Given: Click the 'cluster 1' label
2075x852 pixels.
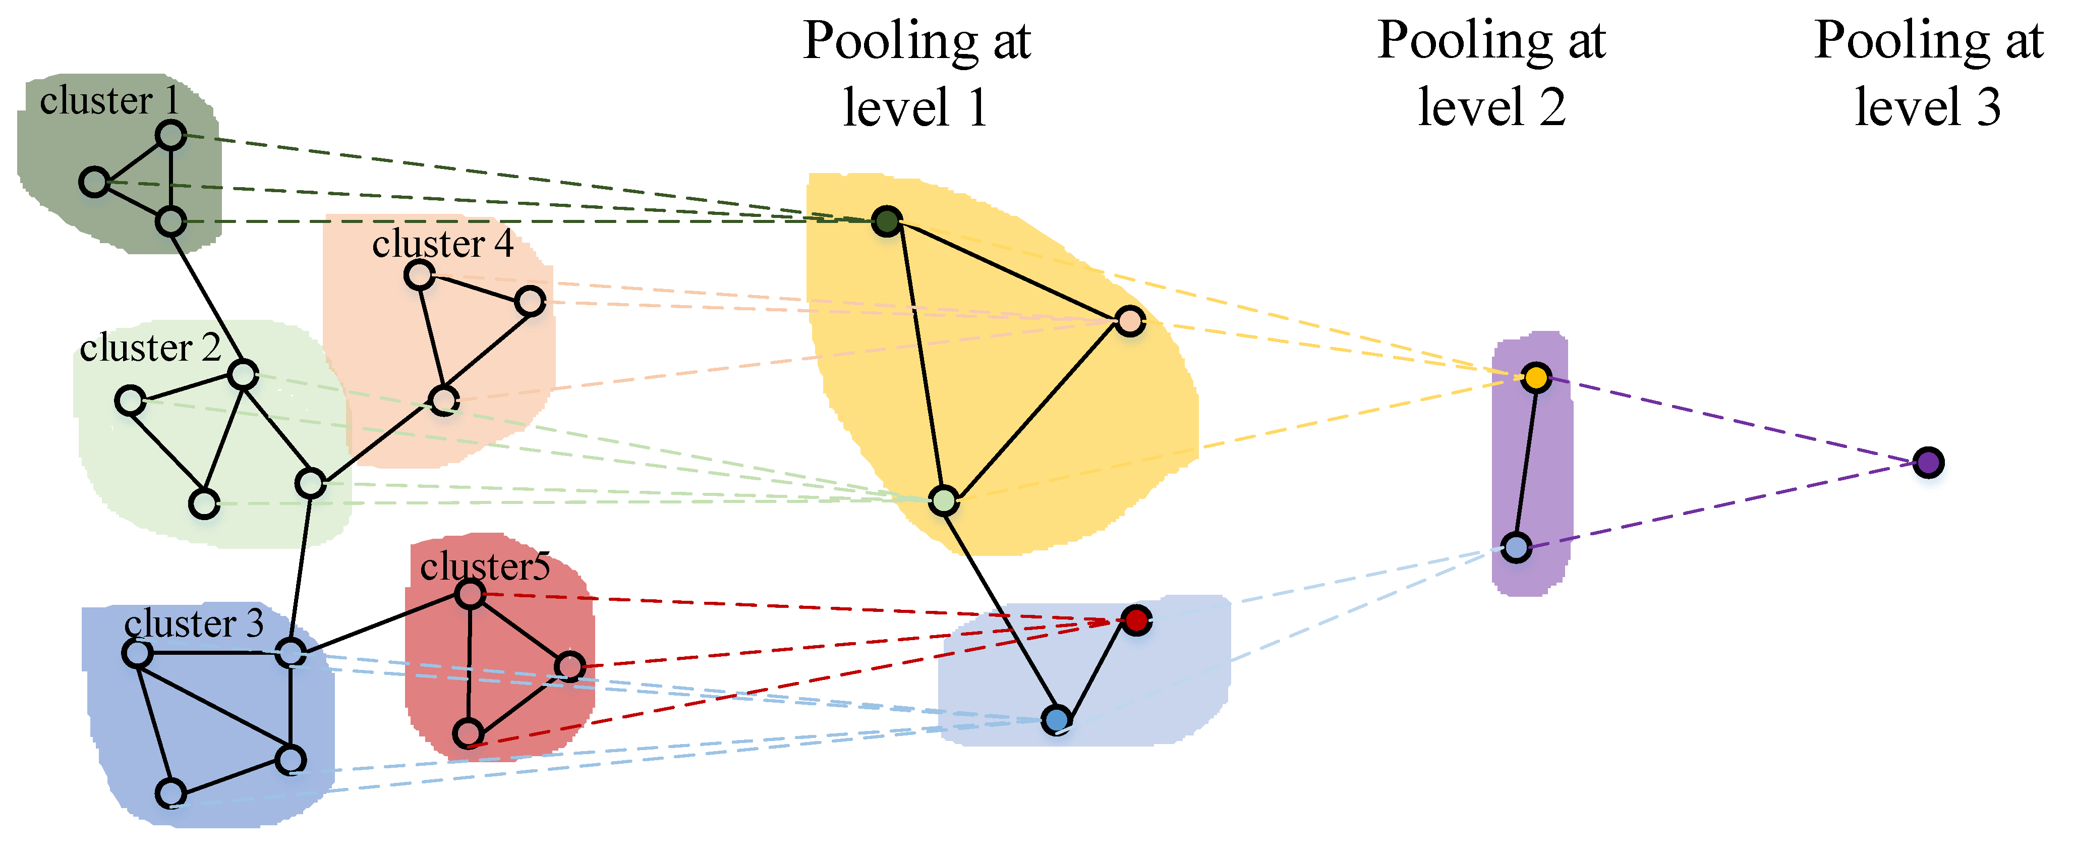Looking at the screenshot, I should [x=109, y=101].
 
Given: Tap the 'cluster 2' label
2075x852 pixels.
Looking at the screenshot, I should [x=150, y=348].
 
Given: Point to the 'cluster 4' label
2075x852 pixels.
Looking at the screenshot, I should [x=442, y=243].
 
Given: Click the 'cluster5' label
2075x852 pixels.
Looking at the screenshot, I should [x=485, y=567].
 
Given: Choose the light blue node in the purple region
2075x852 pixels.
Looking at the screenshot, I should [x=1516, y=548].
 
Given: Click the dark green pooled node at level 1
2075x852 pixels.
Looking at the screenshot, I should [x=887, y=220].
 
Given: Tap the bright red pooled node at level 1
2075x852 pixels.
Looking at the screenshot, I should [x=1136, y=620].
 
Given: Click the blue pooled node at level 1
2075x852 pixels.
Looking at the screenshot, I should [x=1057, y=719].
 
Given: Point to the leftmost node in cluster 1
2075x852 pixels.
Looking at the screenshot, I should [x=94, y=182].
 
